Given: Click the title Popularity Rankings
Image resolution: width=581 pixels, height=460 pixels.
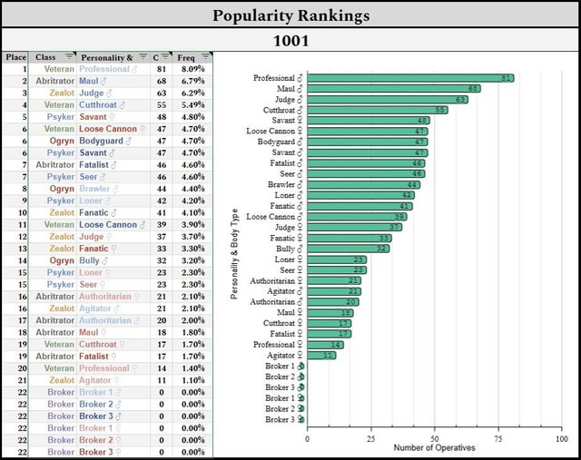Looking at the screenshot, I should click(290, 15).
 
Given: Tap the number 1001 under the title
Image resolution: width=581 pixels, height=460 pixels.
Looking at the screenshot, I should click(290, 41).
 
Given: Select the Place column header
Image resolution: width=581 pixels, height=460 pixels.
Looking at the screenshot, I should click(15, 57).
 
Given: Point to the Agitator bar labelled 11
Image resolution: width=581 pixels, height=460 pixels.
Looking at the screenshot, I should click(321, 355).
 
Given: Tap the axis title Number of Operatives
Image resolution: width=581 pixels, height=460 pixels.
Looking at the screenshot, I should click(433, 448).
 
